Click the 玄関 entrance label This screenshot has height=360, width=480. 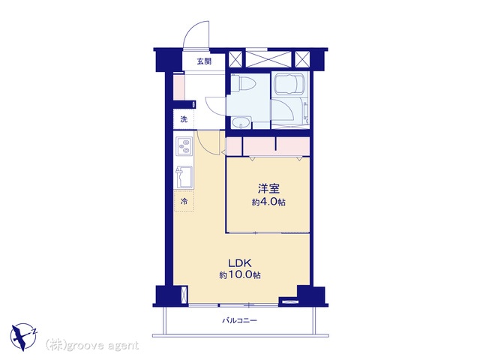point(204,61)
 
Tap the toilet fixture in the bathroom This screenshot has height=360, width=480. point(243,83)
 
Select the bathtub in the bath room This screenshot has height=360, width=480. point(290,83)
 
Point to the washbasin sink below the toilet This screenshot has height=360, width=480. point(241,123)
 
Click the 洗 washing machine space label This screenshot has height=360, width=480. point(184,119)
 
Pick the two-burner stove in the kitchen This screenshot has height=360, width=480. point(184,146)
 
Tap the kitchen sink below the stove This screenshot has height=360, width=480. point(184,177)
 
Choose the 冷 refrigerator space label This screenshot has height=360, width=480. point(184,202)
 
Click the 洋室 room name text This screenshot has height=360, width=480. point(268,188)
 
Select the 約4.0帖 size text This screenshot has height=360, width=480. point(268,202)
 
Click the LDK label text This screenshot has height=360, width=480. point(240,262)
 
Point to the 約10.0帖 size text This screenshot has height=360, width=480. point(240,275)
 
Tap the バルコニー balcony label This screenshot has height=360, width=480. point(239,320)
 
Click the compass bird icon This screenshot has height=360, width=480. point(23,336)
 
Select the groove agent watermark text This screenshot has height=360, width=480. point(92,346)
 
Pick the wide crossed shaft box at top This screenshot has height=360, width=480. point(268,59)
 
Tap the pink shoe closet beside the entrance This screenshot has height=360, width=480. point(178,87)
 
